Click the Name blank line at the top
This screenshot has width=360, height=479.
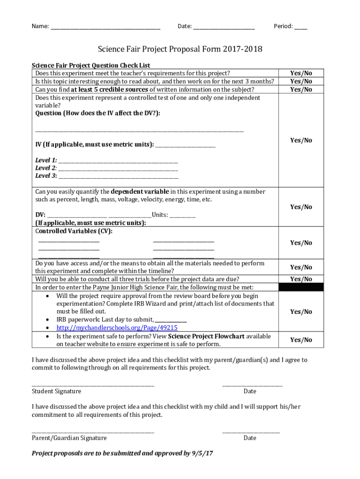[105, 27]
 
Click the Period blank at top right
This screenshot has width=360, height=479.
[301, 27]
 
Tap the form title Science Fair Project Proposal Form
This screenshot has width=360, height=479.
[180, 49]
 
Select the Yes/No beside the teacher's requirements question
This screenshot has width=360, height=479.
[301, 73]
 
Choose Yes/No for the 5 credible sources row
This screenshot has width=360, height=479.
[301, 89]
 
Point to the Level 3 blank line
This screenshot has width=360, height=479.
[118, 176]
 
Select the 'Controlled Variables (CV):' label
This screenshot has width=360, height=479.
[74, 231]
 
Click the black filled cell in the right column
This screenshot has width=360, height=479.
[301, 287]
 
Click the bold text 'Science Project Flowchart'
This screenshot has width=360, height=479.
[206, 336]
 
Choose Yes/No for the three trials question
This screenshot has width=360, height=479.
[301, 279]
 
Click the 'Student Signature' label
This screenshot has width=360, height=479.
[56, 391]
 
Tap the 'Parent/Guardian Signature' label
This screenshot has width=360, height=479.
[69, 438]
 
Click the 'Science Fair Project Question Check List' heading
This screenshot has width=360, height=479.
[91, 65]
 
